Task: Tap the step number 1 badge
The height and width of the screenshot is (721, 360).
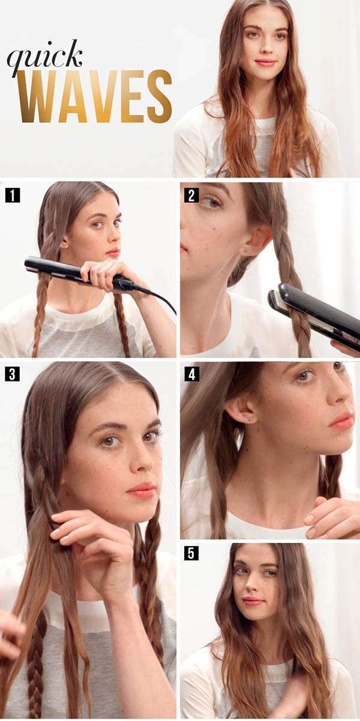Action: tap(12, 195)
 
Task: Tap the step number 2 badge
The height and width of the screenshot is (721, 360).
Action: tap(191, 195)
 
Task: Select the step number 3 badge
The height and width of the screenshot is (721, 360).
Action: tap(12, 374)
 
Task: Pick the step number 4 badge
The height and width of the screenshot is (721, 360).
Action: tap(191, 374)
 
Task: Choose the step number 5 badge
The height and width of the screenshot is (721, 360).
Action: tap(191, 552)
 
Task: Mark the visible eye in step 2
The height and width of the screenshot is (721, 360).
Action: tap(209, 202)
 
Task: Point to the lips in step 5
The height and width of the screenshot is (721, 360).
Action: tap(253, 600)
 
